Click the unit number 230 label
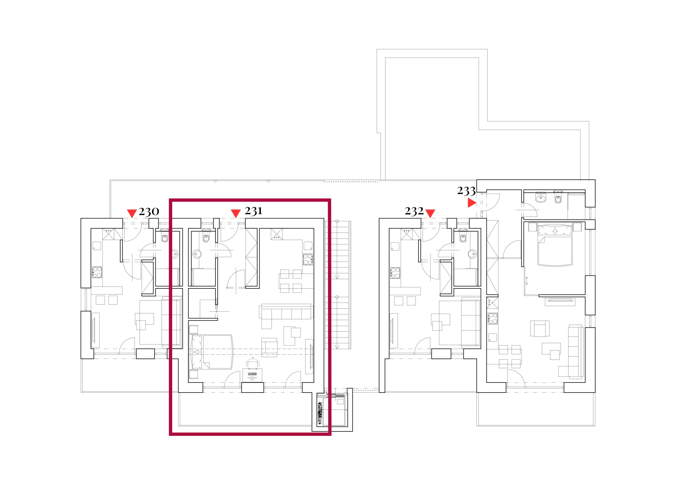149,212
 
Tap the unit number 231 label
254,211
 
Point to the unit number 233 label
466,191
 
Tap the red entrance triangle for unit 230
132,214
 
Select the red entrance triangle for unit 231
236,214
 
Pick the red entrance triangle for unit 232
430,214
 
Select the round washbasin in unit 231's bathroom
197,254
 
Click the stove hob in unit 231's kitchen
308,260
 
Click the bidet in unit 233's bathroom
558,198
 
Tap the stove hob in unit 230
97,272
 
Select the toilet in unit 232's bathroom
463,237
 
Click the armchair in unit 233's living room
540,328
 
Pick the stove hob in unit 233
492,318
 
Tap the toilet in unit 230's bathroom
165,237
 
